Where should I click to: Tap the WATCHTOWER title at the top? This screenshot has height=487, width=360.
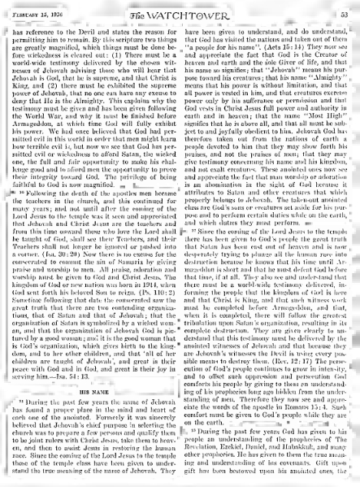180,14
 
